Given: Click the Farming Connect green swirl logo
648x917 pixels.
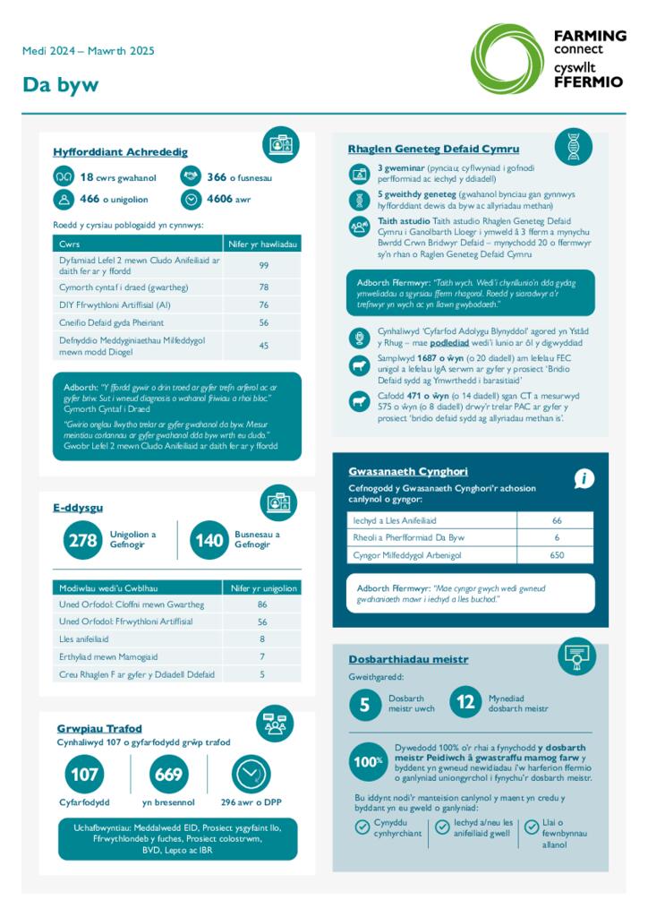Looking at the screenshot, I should click(x=507, y=58).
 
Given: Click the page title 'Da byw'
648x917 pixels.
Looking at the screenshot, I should click(x=60, y=85).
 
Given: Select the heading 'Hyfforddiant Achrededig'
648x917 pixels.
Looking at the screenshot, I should click(x=120, y=152).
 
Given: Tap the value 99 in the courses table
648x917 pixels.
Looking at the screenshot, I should click(x=263, y=265).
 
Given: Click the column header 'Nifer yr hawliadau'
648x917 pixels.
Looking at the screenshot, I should click(x=263, y=244).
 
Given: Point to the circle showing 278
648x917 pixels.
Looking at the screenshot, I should click(x=82, y=540).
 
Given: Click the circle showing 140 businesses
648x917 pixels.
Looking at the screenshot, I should click(x=209, y=540).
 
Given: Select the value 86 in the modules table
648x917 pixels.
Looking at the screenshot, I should click(x=262, y=604).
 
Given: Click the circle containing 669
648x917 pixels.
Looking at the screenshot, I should click(x=168, y=774).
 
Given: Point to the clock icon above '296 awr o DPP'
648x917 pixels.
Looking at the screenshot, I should click(x=251, y=774).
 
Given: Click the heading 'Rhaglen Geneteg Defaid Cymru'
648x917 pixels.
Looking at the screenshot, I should click(x=433, y=149).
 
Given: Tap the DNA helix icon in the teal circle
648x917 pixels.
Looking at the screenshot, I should click(x=573, y=147).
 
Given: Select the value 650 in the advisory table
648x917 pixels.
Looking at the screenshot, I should click(x=557, y=555).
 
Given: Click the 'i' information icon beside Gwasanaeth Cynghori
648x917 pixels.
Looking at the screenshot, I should click(x=584, y=479).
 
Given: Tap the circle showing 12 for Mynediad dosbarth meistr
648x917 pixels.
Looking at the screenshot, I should click(x=465, y=703).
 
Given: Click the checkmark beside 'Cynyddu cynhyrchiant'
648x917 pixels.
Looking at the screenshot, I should click(x=362, y=827).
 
